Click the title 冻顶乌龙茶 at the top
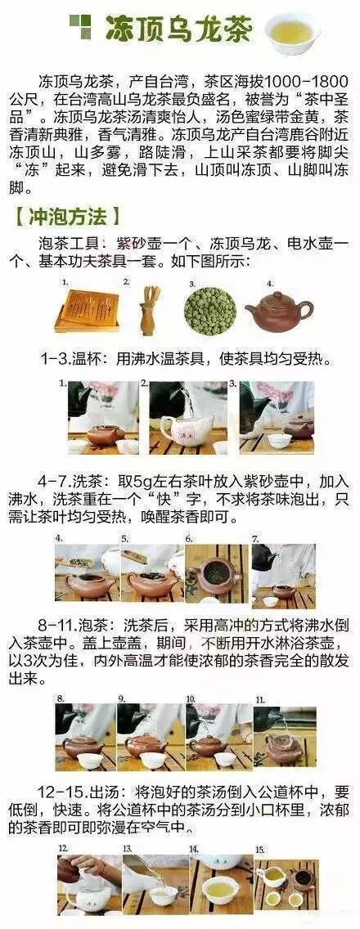click(x=178, y=29)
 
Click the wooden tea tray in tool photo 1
click(x=88, y=311)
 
